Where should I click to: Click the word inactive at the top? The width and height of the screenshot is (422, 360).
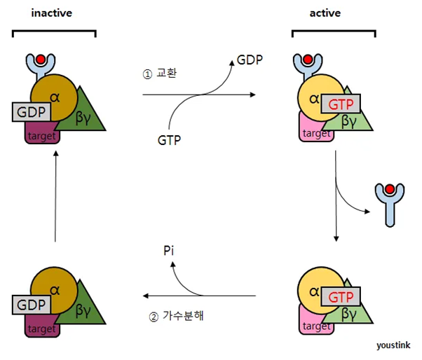[53, 13]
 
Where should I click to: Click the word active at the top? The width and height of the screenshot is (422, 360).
[325, 13]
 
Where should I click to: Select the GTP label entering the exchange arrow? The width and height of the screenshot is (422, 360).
[170, 141]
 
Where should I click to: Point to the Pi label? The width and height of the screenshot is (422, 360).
[168, 249]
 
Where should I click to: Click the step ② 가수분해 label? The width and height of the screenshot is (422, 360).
[180, 316]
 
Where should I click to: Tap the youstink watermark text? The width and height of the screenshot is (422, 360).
[393, 345]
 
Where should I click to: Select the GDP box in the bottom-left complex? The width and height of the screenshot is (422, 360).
[28, 305]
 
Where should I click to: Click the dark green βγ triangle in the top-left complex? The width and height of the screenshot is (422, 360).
[87, 116]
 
